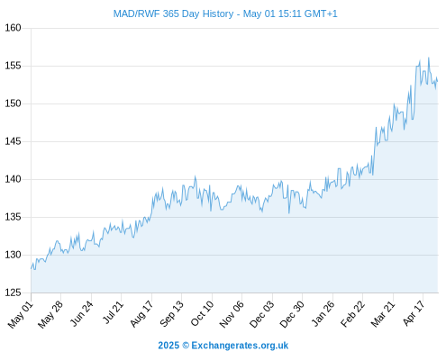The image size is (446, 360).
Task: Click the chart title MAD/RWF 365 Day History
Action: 173,13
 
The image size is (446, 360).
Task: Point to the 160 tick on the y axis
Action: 13,28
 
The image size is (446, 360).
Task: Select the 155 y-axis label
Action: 13,66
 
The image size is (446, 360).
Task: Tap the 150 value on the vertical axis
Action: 13,103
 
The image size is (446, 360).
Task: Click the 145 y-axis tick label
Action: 13,141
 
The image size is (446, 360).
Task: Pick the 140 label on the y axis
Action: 13,179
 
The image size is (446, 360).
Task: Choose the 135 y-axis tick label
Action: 13,217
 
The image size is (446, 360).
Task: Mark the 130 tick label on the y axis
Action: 13,255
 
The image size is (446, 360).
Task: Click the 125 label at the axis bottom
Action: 13,292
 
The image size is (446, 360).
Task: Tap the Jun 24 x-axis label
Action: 81,313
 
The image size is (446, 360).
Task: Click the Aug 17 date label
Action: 141,314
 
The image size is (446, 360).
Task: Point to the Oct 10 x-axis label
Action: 202,313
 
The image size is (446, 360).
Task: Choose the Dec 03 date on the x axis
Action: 262,314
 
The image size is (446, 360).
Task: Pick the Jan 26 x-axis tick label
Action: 323,313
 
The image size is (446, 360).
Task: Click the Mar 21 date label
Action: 383,314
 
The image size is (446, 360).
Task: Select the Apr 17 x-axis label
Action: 414,313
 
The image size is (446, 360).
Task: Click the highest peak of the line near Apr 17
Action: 429,58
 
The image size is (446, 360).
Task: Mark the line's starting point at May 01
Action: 31,268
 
